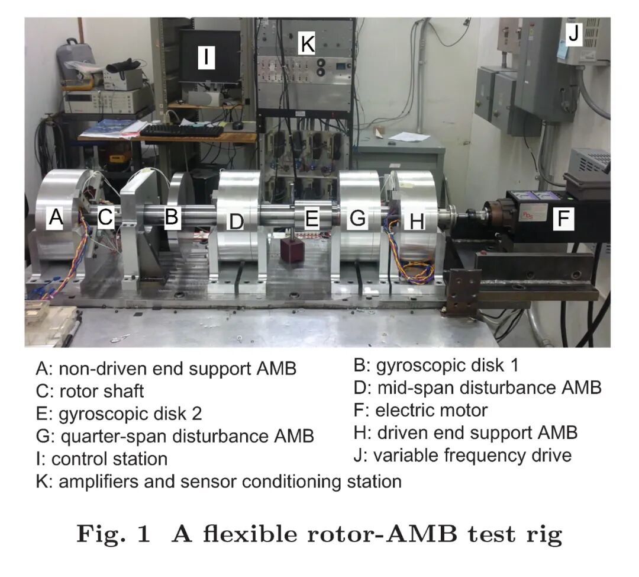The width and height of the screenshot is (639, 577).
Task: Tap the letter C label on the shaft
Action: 105,218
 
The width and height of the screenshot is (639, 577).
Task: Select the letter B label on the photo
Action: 171,217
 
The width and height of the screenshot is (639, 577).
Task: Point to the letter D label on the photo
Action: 236,222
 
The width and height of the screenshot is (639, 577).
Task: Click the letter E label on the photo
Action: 312,219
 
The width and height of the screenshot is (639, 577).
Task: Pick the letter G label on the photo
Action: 358,219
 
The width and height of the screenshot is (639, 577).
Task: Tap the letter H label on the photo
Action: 417,222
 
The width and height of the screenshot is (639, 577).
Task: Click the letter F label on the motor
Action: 563,220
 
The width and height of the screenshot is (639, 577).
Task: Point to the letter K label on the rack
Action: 306,43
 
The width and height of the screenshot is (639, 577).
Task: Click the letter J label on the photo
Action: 573,35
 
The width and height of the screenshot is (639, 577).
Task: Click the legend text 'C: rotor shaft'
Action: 90,391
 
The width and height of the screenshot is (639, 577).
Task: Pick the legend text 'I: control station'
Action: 102,459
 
